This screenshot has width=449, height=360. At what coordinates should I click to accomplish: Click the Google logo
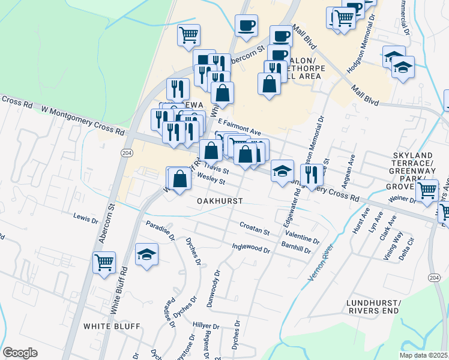(20, 353)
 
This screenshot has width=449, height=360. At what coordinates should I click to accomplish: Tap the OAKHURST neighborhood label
(220, 201)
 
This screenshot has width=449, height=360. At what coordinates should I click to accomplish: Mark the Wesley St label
(211, 178)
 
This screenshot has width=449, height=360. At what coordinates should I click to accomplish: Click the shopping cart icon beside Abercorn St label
(104, 262)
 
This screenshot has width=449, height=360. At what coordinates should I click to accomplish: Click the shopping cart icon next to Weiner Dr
(427, 191)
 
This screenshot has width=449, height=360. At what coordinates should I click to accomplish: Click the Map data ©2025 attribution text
(423, 355)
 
